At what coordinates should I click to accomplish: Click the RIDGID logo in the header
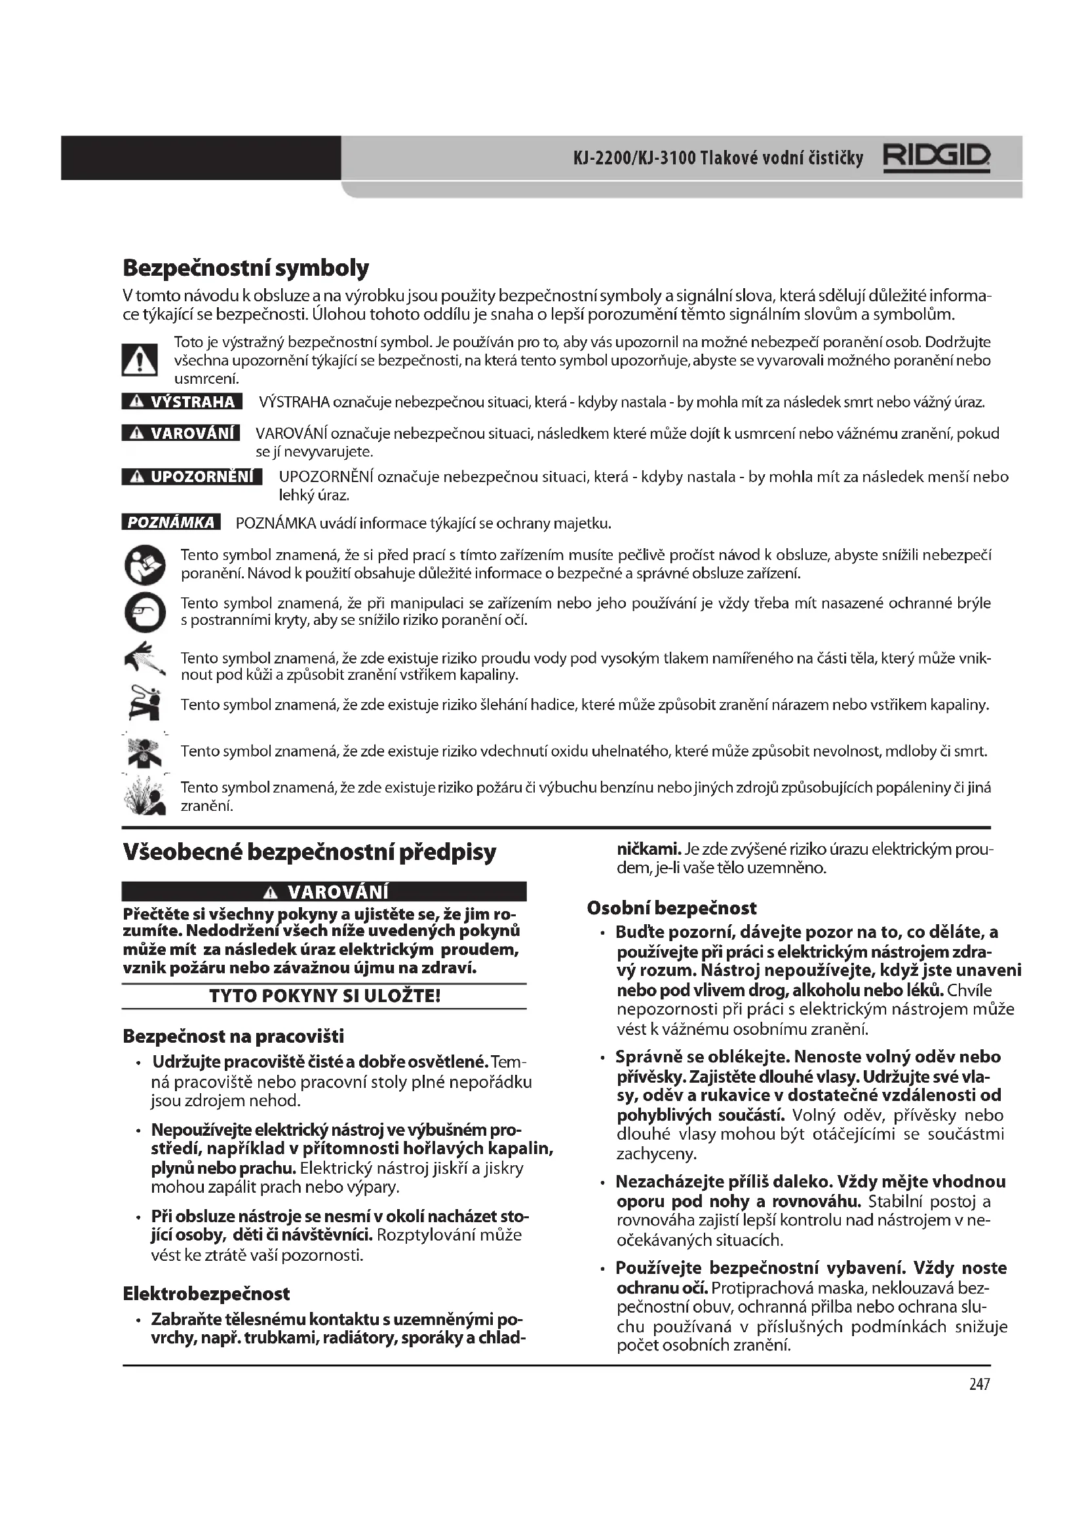coord(937,158)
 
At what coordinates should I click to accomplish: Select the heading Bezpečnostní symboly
coord(246,268)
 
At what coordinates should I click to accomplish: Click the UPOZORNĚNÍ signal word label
coord(192,476)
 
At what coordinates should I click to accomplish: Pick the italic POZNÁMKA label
coord(171,523)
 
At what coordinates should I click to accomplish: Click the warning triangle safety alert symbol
coord(140,360)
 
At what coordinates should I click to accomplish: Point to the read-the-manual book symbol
coord(144,565)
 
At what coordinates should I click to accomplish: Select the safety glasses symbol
coord(144,612)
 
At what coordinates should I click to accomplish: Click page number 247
coord(979,1384)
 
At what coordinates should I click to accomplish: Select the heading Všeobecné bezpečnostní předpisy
coord(310,852)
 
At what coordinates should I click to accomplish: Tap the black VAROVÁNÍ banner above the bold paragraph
coord(324,891)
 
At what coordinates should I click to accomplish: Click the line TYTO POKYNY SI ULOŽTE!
coord(324,996)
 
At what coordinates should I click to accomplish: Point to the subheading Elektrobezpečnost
coord(206,1294)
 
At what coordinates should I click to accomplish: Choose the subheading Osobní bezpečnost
coord(672,908)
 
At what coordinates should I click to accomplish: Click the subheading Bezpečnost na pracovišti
coord(233,1036)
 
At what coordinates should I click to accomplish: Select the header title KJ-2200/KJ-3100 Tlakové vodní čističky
coord(718,158)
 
